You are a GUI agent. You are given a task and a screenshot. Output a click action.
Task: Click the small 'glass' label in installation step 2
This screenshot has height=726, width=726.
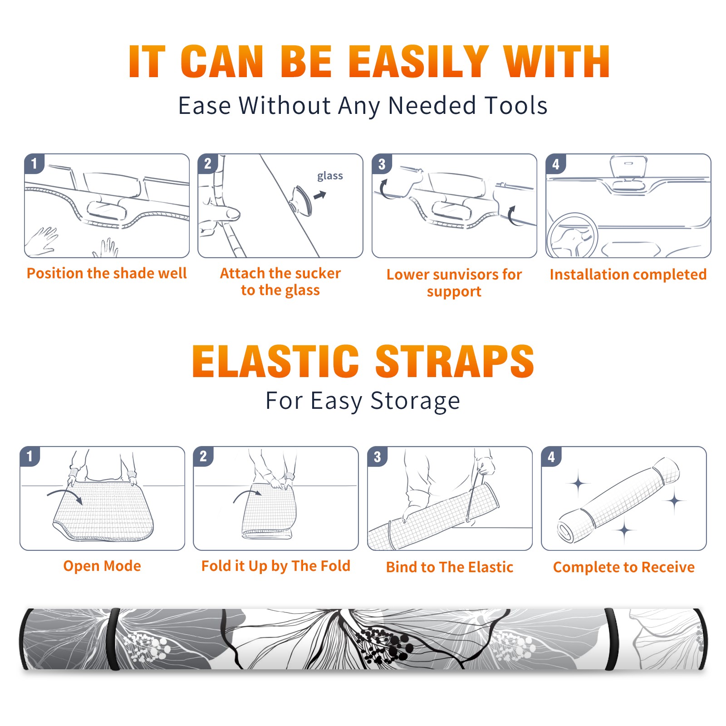tap(330, 176)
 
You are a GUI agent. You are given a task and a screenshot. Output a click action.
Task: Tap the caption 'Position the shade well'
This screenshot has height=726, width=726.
tap(107, 274)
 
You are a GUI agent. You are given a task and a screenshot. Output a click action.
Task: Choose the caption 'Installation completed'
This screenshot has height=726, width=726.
tap(628, 275)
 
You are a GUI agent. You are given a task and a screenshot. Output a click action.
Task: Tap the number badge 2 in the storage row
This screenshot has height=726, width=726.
tap(203, 456)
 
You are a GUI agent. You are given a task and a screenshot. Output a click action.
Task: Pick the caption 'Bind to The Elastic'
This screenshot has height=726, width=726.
tap(450, 567)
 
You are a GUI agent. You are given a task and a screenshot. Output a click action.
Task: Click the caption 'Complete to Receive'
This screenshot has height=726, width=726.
tap(624, 567)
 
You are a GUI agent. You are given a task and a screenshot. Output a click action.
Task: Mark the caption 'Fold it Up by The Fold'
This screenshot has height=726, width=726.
tap(276, 566)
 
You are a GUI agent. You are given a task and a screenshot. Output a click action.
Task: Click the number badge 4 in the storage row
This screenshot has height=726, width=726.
tap(551, 456)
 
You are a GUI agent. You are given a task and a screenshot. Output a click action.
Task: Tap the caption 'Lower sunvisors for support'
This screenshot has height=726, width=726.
tap(454, 283)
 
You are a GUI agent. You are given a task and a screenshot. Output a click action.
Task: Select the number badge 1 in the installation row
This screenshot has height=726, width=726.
tap(34, 164)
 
